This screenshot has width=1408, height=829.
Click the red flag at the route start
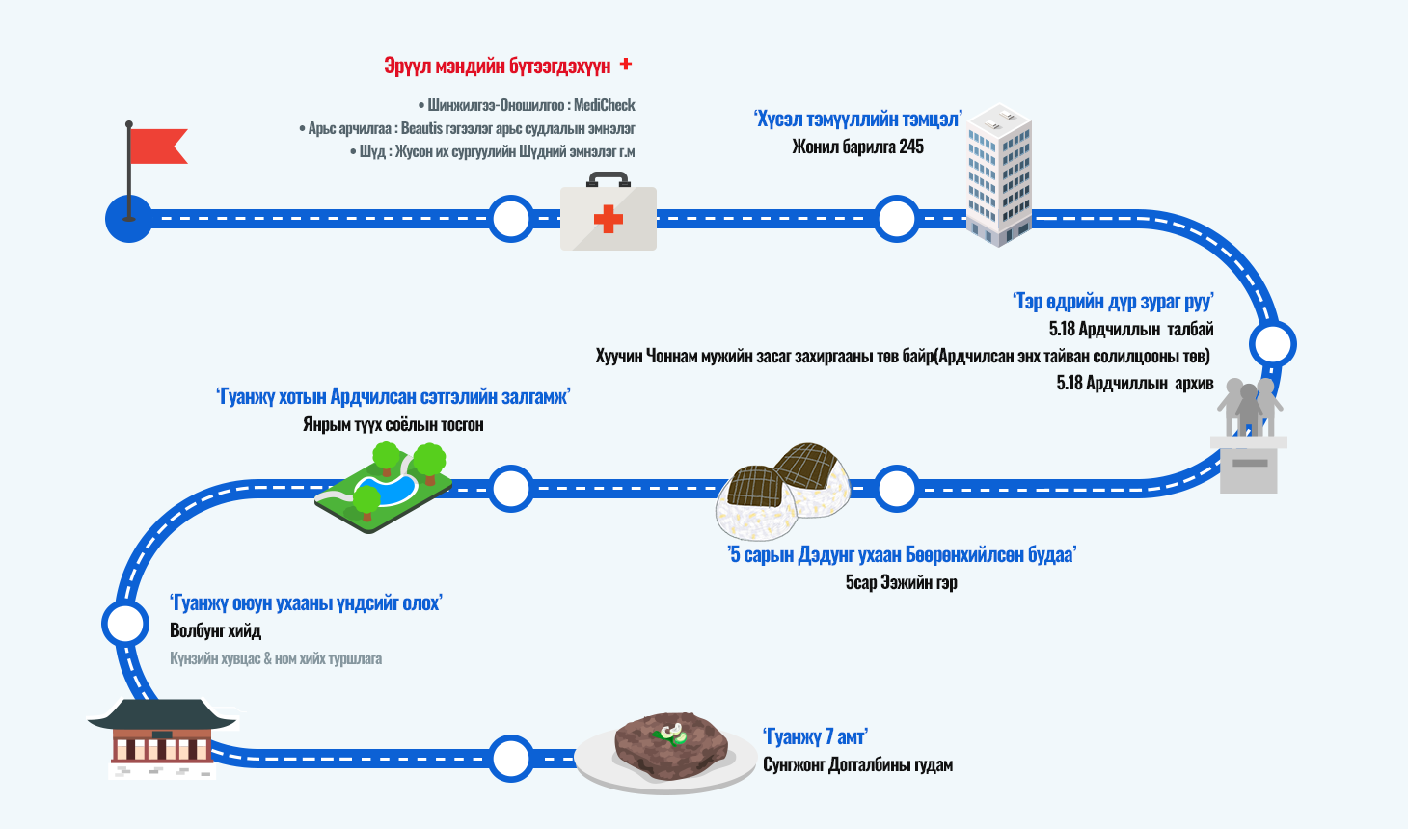tap(156, 147)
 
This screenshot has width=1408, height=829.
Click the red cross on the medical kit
tap(609, 219)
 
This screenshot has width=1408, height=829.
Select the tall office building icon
tap(1000, 174)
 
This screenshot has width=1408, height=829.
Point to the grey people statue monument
tap(1249, 434)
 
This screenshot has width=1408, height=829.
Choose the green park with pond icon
tap(384, 486)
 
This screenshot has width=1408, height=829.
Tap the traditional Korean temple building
tap(162, 737)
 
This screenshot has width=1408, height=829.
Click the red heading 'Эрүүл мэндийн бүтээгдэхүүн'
tap(498, 66)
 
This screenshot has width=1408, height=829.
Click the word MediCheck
tap(605, 105)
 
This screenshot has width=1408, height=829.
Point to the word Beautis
tap(421, 128)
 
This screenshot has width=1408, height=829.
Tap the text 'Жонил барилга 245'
tap(857, 147)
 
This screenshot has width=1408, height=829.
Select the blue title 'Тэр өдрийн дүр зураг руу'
tap(1113, 302)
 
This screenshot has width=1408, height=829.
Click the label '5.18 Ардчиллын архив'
tap(1134, 383)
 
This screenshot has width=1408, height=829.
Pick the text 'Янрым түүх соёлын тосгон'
tap(393, 424)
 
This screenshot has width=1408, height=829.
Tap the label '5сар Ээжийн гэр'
tap(902, 582)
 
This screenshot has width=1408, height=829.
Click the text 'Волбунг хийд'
tap(215, 630)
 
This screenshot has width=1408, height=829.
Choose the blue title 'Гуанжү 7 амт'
tap(815, 737)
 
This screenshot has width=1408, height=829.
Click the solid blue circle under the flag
tap(128, 219)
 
